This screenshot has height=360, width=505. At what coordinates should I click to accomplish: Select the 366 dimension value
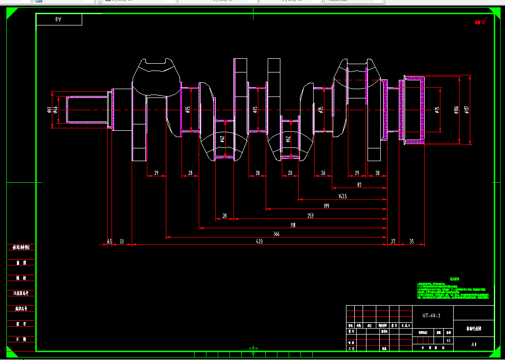[x=276, y=234]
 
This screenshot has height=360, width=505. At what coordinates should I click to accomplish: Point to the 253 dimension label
[x=310, y=215]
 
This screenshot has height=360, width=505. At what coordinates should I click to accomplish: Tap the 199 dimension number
[x=326, y=206]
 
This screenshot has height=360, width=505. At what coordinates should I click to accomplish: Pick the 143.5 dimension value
[x=343, y=196]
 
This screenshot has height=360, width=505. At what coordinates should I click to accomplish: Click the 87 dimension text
[x=360, y=185]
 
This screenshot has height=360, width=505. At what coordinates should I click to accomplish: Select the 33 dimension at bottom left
[x=121, y=241]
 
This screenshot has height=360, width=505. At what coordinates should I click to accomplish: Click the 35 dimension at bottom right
[x=412, y=241]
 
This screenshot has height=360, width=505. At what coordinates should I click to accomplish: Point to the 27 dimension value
[x=393, y=241]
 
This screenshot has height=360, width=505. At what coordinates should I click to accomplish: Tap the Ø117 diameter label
[x=467, y=110]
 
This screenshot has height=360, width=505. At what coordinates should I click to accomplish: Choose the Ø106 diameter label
[x=456, y=110]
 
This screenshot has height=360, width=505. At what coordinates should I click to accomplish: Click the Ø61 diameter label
[x=49, y=110]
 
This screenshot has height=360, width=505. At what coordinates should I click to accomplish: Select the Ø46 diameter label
[x=56, y=110]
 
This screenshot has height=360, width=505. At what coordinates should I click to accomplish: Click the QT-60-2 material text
[x=432, y=316]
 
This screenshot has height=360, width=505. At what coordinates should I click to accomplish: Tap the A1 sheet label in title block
[x=474, y=344]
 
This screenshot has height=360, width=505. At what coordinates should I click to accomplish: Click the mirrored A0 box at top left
[x=59, y=20]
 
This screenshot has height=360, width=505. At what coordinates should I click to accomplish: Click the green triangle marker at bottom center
[x=253, y=351]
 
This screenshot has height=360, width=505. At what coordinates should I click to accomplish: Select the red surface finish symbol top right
[x=480, y=22]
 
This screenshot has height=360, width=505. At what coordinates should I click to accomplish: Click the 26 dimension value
[x=323, y=173]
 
